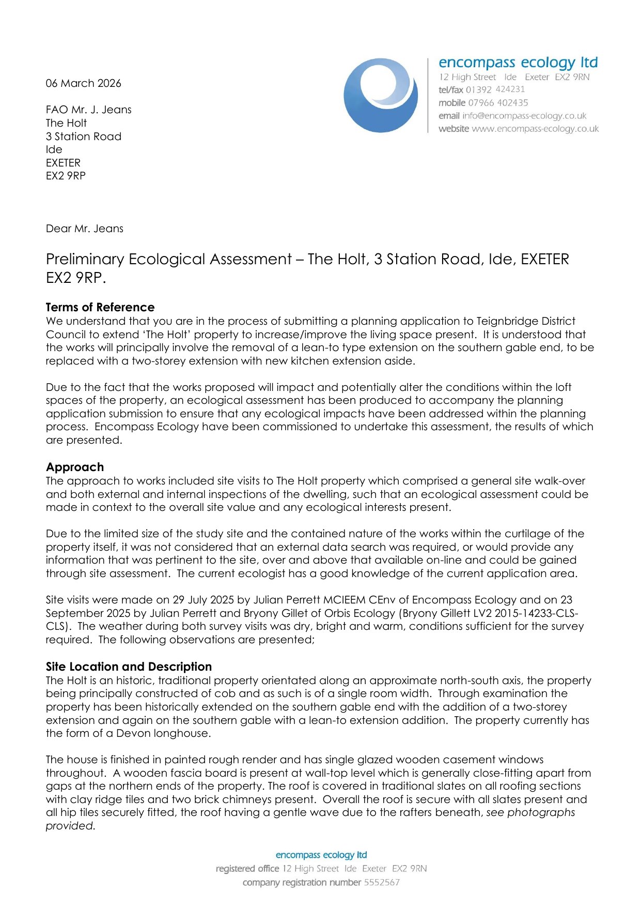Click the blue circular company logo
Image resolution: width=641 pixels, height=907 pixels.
(x=381, y=95)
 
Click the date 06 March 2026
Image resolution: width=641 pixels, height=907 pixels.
(x=83, y=83)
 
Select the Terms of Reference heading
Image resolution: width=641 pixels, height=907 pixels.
(x=100, y=307)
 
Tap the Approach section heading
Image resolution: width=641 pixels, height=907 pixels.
(x=75, y=467)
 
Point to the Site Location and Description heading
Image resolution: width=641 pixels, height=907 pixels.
(x=129, y=667)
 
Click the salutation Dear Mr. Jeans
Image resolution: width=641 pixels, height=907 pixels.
(x=85, y=229)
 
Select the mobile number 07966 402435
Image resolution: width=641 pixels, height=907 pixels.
(x=498, y=103)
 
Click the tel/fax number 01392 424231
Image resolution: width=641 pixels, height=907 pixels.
(x=495, y=89)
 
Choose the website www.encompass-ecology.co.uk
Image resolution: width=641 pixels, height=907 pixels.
(x=535, y=129)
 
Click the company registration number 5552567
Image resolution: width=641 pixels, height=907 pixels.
(x=382, y=882)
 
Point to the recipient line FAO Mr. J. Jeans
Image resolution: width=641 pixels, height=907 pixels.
(x=88, y=110)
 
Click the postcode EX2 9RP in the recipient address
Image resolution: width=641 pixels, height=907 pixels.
(x=66, y=176)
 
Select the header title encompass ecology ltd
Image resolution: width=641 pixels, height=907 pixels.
(x=518, y=63)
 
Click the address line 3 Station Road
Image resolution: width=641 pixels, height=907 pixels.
(x=84, y=137)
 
